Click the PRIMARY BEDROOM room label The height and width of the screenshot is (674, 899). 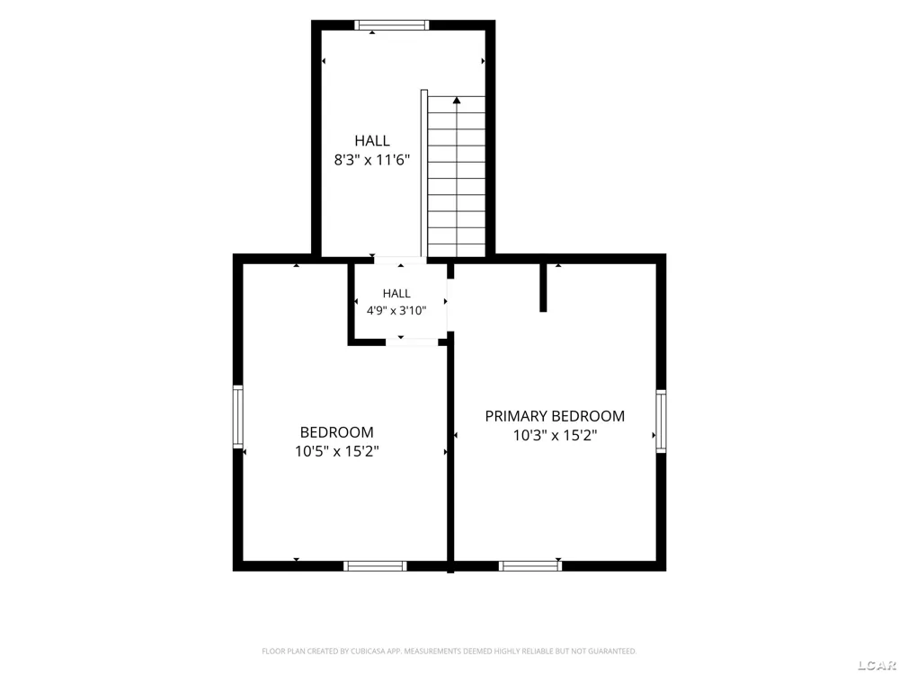[x=555, y=416]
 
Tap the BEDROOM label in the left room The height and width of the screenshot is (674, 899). [x=336, y=432]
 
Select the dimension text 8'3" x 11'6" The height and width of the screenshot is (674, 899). [x=372, y=160]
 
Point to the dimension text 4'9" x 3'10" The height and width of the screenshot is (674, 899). [x=396, y=311]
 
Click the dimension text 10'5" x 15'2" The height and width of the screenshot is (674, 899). [x=336, y=452]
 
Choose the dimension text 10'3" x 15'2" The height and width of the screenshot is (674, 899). [x=555, y=436]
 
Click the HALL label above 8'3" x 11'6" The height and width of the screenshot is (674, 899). [x=372, y=140]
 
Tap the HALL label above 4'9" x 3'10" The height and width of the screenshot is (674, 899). [x=396, y=294]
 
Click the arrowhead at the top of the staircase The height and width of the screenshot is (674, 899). [x=457, y=101]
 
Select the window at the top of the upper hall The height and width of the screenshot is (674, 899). [x=392, y=24]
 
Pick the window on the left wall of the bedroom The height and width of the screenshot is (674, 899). [x=237, y=417]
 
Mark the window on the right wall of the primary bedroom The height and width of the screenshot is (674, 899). [x=661, y=421]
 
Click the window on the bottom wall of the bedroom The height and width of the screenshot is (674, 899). [x=375, y=566]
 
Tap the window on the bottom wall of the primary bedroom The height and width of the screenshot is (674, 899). [x=530, y=566]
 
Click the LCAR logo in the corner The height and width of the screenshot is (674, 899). [x=877, y=665]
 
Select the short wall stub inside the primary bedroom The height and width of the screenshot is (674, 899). [x=543, y=288]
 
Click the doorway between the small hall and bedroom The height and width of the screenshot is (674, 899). [x=412, y=342]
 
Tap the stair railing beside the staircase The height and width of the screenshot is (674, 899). [x=424, y=173]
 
